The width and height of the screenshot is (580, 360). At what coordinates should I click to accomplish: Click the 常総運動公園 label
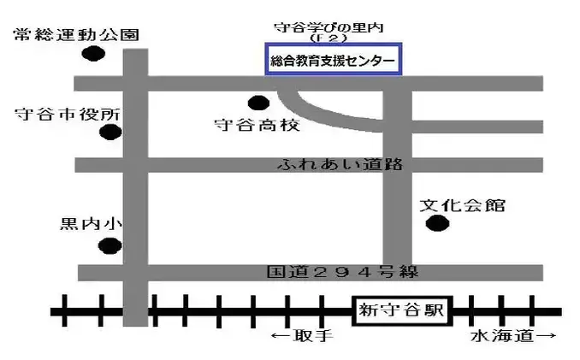[75, 35]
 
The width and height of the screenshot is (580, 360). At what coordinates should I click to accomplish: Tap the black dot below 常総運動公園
[93, 54]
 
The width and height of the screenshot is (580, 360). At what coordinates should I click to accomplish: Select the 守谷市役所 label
[68, 115]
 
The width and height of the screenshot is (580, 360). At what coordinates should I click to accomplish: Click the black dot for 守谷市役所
[109, 133]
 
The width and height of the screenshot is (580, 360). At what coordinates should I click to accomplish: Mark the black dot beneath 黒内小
[109, 247]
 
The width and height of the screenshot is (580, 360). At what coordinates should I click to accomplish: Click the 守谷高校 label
[257, 125]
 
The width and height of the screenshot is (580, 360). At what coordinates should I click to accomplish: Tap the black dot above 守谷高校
[256, 103]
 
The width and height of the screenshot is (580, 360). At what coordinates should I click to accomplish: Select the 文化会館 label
[462, 205]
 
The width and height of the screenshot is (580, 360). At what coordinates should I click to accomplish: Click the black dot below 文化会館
[437, 225]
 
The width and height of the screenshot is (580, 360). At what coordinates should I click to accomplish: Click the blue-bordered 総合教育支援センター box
[332, 61]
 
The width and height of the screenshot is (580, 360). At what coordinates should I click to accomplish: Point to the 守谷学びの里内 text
[328, 28]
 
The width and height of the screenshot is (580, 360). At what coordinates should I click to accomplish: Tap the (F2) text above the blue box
[328, 40]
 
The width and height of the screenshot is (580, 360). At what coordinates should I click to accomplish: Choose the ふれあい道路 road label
[340, 165]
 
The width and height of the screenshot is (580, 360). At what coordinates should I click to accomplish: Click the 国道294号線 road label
[340, 273]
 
